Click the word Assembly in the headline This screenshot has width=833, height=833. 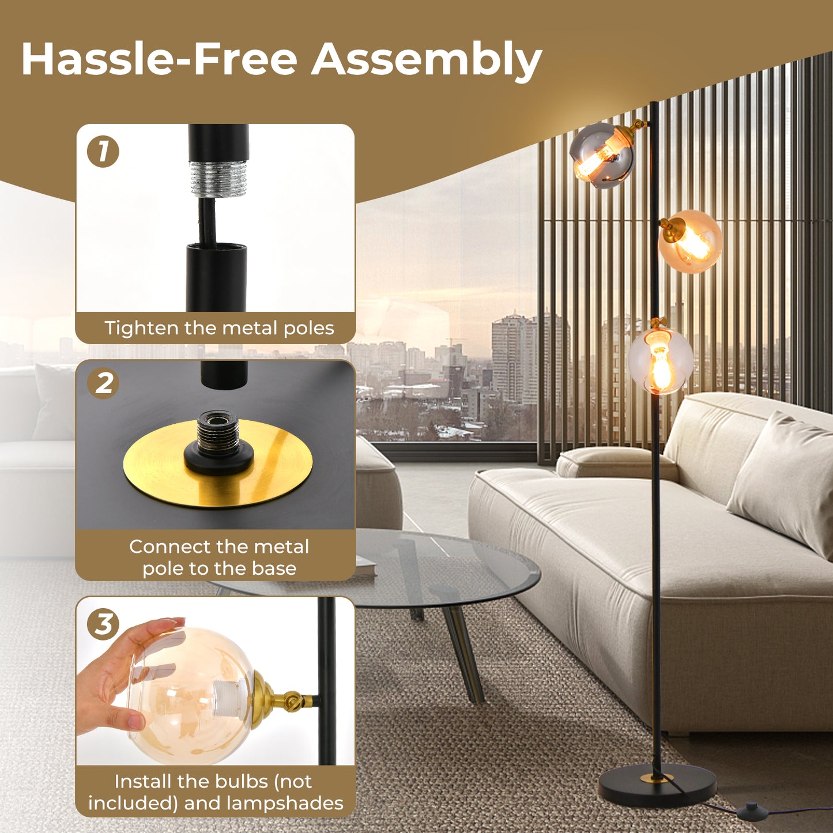tap(427, 60)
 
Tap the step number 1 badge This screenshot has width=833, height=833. tap(103, 152)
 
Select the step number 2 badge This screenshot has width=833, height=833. tap(103, 382)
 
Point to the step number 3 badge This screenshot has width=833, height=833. tap(103, 624)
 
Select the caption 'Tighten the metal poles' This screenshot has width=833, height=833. tap(219, 328)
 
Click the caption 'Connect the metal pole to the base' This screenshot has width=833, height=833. tap(219, 557)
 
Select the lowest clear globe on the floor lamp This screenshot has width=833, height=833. tap(661, 361)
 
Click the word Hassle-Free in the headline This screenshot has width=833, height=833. tap(159, 60)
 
